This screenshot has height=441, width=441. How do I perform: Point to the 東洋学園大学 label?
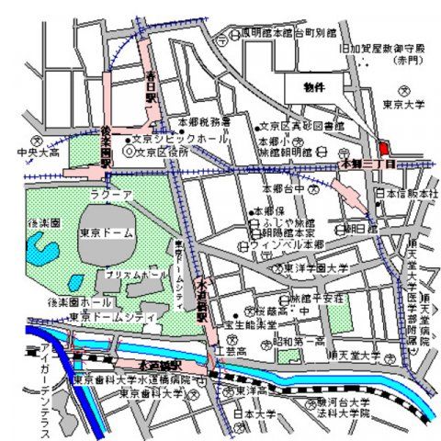pos(315,269)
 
